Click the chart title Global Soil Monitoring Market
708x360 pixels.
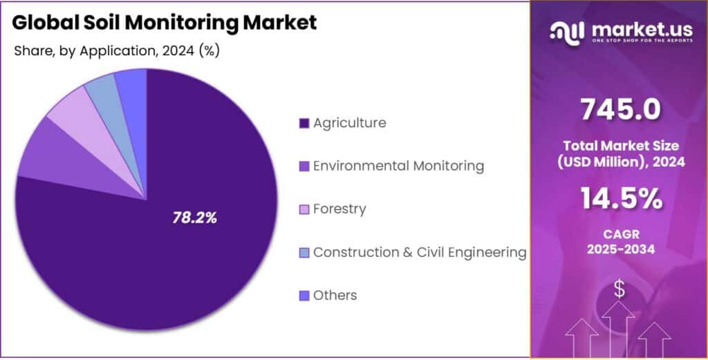pos(165,22)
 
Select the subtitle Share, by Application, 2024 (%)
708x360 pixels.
pos(116,51)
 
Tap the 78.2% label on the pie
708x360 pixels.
pos(194,218)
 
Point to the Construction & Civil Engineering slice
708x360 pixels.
pos(101,90)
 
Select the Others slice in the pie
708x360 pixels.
pos(131,83)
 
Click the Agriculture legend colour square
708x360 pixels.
pos(304,124)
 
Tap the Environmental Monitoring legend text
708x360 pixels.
pos(398,166)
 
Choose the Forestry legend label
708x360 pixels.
pos(339,209)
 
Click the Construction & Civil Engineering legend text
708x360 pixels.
pos(420,252)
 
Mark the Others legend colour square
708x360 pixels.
pos(304,296)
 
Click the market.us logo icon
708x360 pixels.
pos(567,30)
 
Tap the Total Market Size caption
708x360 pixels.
pos(619,146)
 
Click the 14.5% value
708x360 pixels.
pos(619,200)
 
